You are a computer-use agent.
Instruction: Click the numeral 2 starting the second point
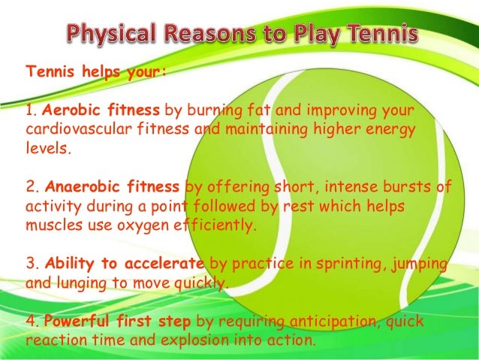(x=29, y=187)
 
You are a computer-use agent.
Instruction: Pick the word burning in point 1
(x=216, y=111)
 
